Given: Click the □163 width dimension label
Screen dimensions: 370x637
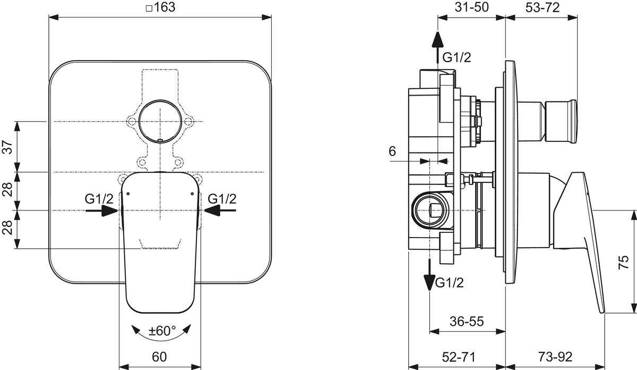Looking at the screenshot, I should pos(160,7).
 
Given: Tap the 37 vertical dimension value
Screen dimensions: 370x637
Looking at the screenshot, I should pos(7,147).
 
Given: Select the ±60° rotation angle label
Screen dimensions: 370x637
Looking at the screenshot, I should pos(162,331).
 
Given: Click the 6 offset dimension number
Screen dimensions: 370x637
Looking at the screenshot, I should pos(392,151).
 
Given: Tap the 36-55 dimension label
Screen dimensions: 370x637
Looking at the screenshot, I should pos(467,321).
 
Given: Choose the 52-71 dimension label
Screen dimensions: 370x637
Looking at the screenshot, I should pos(456,356).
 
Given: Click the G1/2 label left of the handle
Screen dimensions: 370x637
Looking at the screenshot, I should pos(99,199).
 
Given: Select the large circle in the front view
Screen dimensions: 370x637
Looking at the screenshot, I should pos(159,120).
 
